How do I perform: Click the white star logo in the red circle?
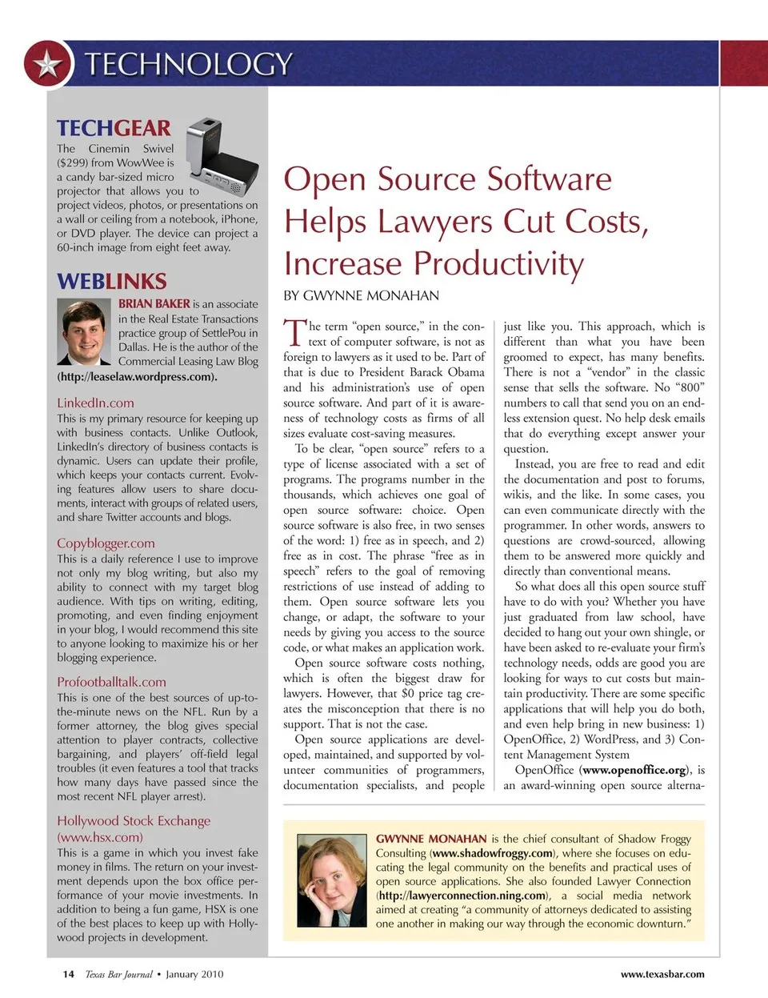click(49, 64)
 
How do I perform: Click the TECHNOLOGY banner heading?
click(188, 64)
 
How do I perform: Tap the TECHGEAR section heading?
click(114, 128)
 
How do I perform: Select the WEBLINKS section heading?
click(111, 282)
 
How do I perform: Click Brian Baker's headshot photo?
click(84, 333)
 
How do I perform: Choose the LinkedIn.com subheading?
click(95, 403)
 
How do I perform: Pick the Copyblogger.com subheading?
click(106, 543)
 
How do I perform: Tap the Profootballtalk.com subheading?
click(111, 683)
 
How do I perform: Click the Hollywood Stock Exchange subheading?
click(134, 821)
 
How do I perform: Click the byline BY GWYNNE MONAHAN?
click(361, 296)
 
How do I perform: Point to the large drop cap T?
click(294, 333)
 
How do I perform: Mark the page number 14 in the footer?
click(69, 974)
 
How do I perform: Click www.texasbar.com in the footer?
click(662, 974)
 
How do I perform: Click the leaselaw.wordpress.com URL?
click(137, 376)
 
